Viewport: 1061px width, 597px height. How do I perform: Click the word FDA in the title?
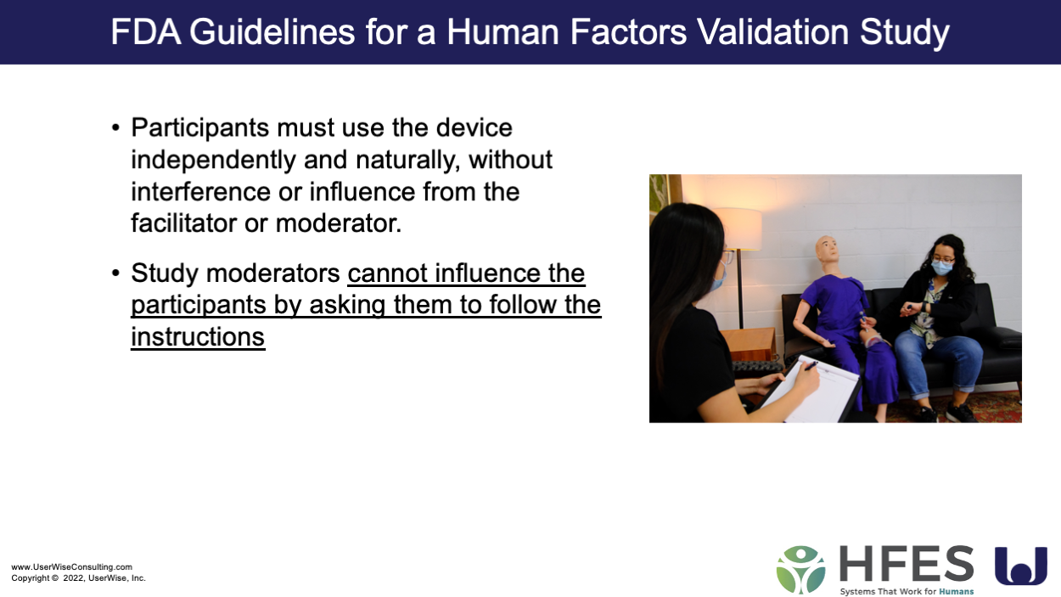point(146,32)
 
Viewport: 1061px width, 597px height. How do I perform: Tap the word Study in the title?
point(904,34)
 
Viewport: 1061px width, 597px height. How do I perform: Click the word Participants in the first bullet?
point(199,129)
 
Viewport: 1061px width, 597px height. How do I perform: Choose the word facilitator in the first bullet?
point(184,223)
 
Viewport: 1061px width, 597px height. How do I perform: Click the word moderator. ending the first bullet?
point(338,223)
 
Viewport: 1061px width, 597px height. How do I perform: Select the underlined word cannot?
point(387,273)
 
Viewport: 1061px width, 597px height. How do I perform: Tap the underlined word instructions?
point(198,337)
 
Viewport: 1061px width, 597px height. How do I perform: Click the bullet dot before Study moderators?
point(115,273)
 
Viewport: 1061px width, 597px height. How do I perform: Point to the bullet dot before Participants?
point(115,128)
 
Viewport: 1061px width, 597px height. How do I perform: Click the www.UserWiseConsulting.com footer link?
point(72,567)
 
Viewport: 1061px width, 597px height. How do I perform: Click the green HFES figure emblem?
point(800,569)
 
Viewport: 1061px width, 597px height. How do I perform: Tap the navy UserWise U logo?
point(1021,566)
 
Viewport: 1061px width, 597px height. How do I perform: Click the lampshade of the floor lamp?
point(737,228)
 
